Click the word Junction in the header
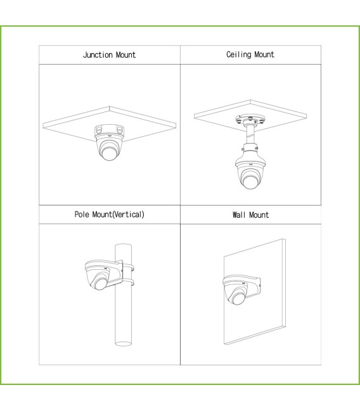coord(98,55)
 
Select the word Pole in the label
coord(82,215)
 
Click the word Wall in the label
coord(239,215)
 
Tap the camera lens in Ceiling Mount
coord(250,182)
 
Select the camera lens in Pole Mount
coord(100,283)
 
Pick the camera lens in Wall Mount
coord(238,298)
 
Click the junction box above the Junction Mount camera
coord(109,130)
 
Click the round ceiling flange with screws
coord(250,120)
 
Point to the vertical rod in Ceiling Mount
coord(250,135)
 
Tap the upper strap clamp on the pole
coord(128,267)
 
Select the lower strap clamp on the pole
coord(128,282)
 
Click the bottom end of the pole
coord(124,343)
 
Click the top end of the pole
coord(124,246)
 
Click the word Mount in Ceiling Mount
coord(264,54)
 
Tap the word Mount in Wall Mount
coord(259,215)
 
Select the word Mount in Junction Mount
coord(125,55)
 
